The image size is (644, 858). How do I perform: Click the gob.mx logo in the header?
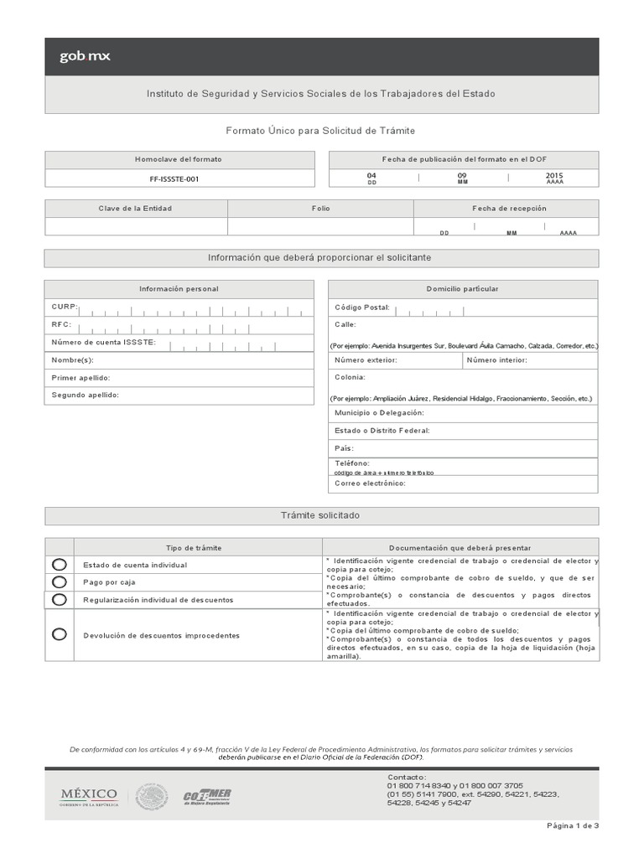pos(84,57)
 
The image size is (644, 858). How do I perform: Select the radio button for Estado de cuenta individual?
pos(59,565)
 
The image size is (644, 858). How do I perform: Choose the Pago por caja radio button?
pos(59,581)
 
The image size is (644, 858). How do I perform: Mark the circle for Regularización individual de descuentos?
pos(59,599)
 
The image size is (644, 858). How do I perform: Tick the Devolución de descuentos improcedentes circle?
pos(59,634)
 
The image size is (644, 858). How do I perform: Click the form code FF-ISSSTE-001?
pos(179,178)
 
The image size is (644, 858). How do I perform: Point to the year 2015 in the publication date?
pos(554,175)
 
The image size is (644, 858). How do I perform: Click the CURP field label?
pos(65,308)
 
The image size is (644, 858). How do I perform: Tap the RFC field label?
pos(61,324)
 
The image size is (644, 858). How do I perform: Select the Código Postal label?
pos(362,308)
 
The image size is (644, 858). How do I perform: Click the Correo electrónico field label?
pos(370,483)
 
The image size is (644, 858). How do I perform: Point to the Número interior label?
pos(496,360)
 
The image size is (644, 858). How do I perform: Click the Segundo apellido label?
pos(86,395)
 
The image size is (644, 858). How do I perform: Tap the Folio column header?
pos(320,209)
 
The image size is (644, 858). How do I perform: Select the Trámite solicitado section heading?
pos(321,515)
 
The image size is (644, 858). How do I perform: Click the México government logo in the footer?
pos(88,795)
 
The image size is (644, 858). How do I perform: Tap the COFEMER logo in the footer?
pos(207,796)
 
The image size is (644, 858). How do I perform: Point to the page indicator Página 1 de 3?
pos(573,825)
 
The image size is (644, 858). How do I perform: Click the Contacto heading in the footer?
pos(407,778)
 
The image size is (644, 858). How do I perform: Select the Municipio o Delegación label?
pos(379,413)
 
